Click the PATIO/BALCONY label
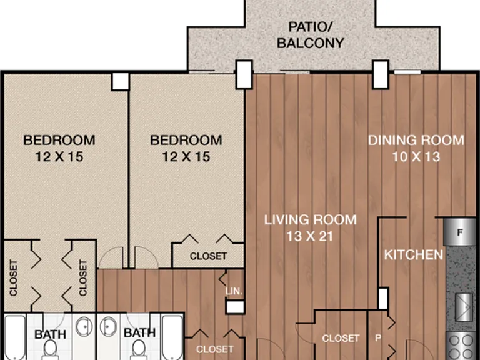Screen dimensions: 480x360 pos(311,35)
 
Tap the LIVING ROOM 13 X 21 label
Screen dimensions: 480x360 pos(311,228)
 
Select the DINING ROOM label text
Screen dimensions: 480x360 pos(416,140)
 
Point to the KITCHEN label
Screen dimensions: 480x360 pos(414,255)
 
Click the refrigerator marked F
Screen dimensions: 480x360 pos(459,232)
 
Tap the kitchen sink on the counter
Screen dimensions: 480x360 pos(464,307)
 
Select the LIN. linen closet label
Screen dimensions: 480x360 pos(234,291)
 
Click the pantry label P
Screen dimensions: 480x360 pos(378,338)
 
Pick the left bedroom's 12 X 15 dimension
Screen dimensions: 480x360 pos(59,157)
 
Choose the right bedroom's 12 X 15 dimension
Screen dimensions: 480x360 pos(186,157)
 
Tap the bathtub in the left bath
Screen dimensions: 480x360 pos(15,337)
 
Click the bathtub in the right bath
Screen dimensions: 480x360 pos(172,337)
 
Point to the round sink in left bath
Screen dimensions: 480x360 pos(84,326)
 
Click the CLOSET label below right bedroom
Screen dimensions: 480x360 pos(208,256)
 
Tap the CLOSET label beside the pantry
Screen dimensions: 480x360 pos(341,338)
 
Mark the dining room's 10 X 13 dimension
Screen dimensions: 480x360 pos(416,157)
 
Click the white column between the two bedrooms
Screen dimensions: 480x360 pos(120,81)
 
